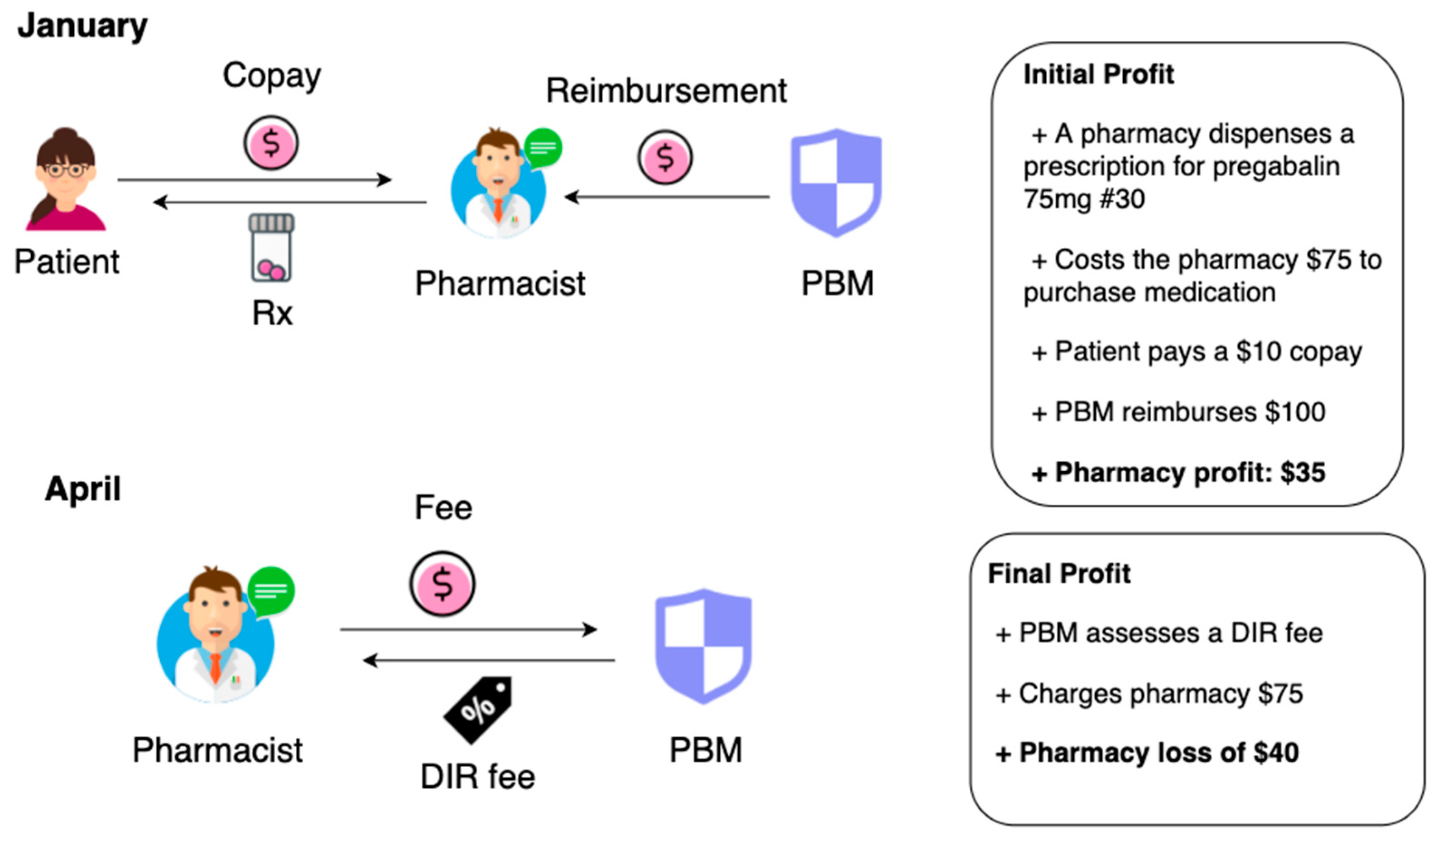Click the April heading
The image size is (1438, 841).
point(83,489)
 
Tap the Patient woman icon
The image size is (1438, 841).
point(66,179)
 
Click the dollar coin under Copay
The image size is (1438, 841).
point(271,143)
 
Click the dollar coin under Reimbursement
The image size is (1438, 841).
point(665,157)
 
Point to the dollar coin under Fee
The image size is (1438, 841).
point(442,584)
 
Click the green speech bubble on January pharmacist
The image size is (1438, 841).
point(543,147)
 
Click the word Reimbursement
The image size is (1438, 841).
point(666,92)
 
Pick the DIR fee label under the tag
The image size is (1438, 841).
point(478,777)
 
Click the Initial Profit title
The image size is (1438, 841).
point(1098,74)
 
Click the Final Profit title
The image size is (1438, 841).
point(1059,574)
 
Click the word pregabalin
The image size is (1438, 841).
point(1276,167)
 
